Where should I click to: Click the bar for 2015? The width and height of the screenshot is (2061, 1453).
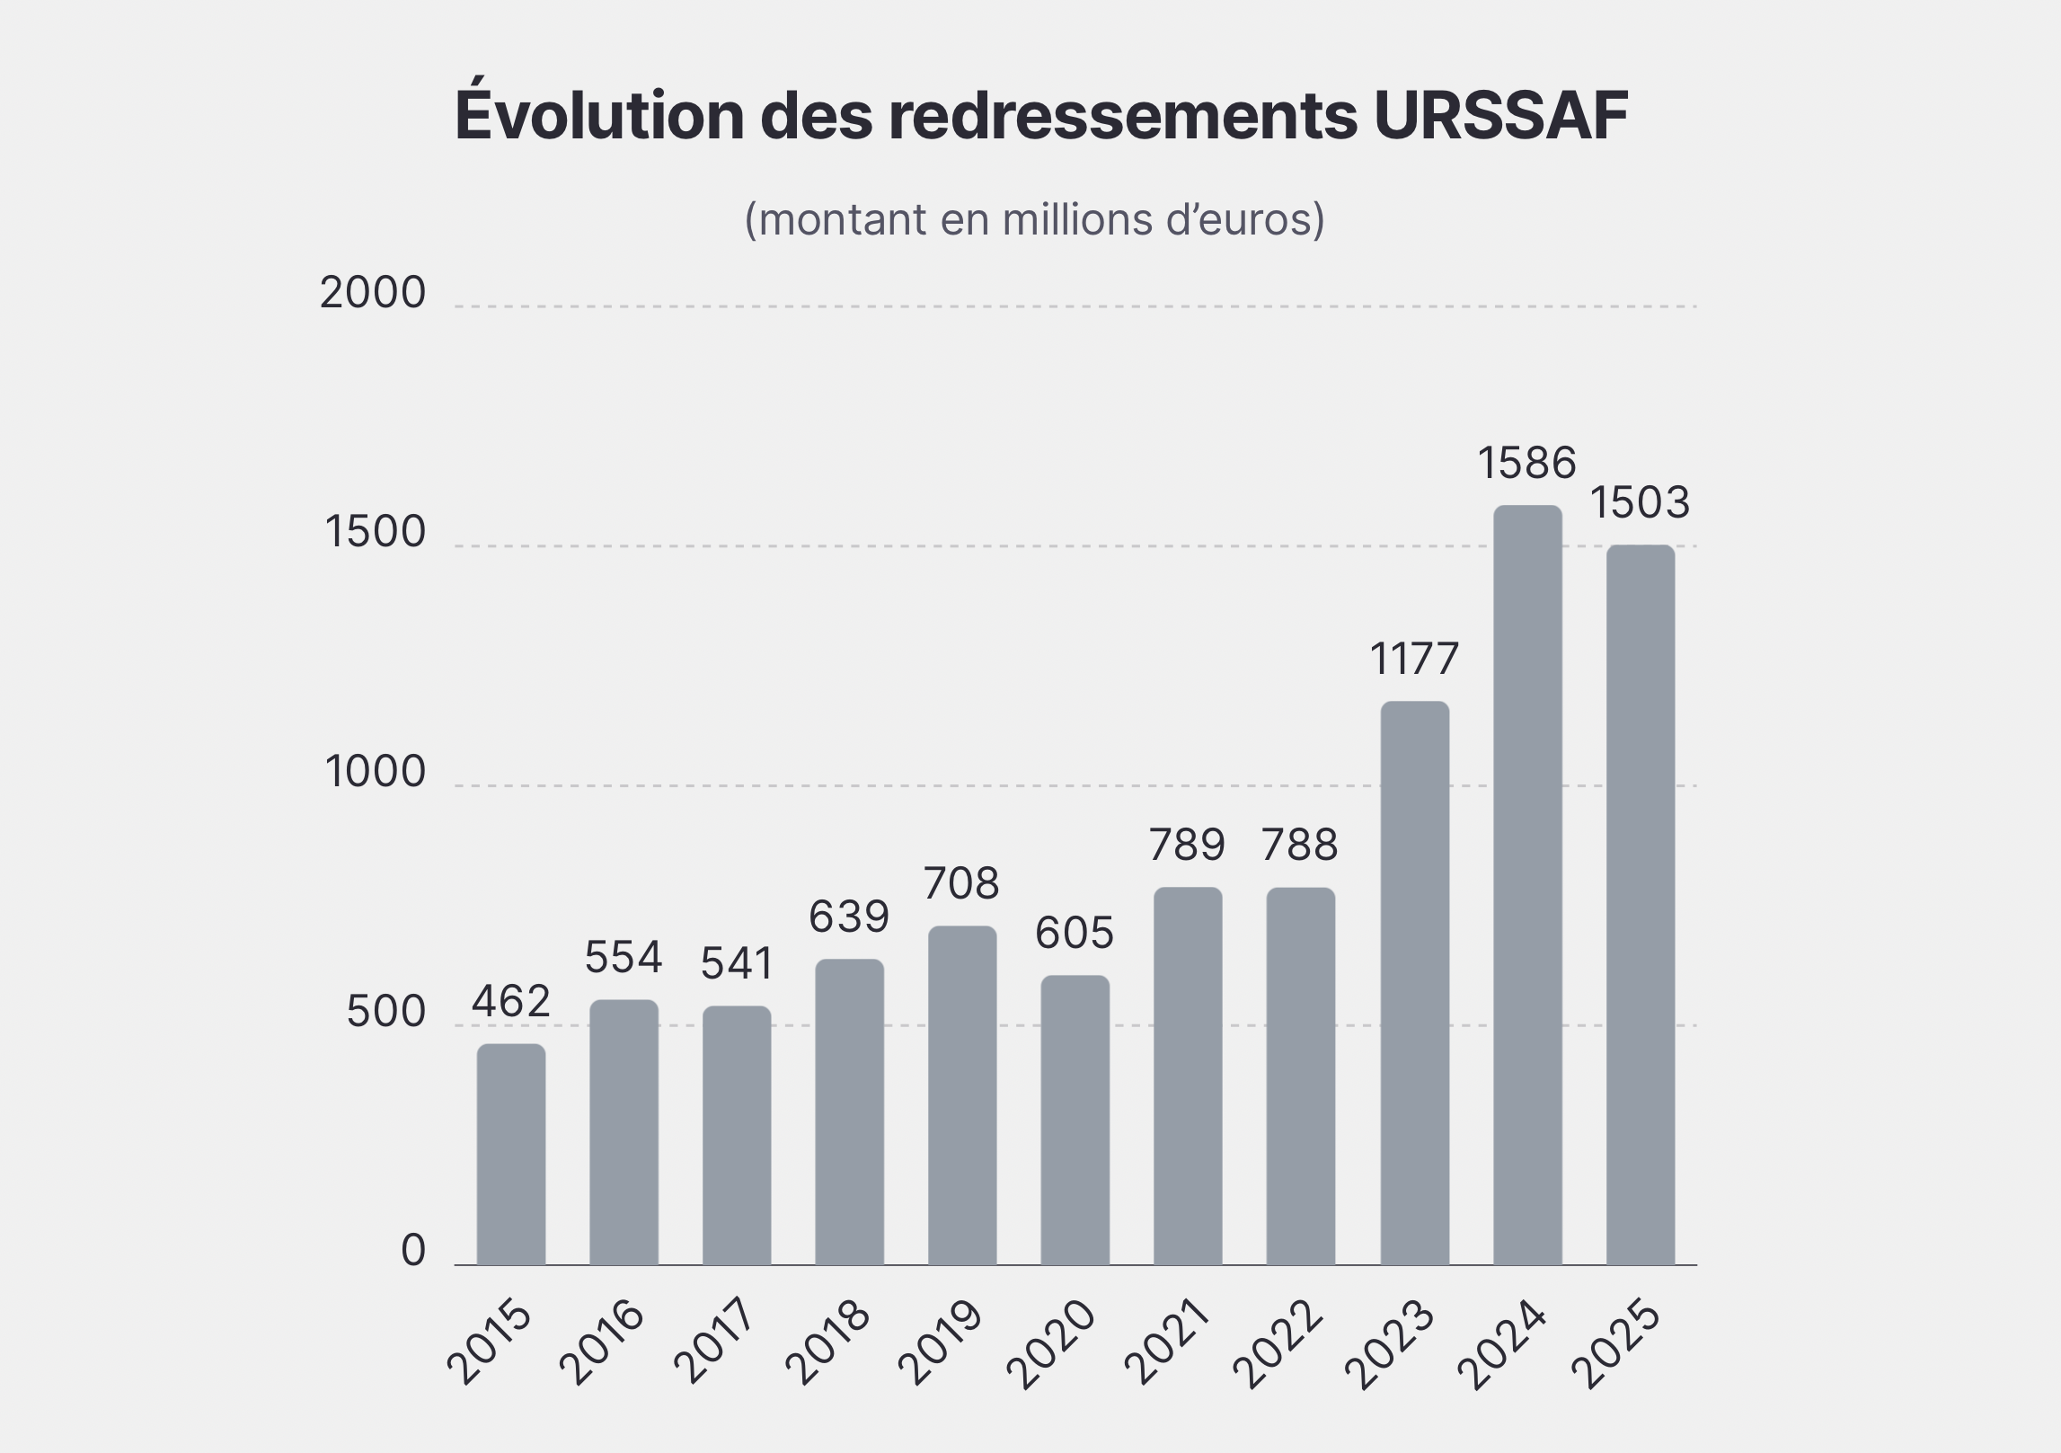[510, 1154]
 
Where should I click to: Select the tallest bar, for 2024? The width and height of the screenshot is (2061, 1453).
[1527, 885]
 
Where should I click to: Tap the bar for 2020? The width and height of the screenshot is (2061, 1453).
[1075, 1120]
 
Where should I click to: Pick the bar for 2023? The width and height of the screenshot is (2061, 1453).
[1414, 983]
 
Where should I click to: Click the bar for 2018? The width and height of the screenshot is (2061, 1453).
[849, 1112]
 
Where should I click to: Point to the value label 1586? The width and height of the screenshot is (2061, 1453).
[1527, 464]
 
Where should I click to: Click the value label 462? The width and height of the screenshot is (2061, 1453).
[510, 1002]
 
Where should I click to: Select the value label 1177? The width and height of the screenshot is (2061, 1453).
[1414, 660]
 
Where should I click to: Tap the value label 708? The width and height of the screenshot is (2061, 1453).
[961, 884]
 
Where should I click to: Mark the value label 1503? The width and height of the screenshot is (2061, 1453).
[1641, 503]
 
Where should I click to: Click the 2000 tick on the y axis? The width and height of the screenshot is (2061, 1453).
[372, 294]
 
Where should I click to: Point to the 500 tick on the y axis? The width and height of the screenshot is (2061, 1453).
[385, 1013]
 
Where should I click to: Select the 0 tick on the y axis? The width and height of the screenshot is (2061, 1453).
[412, 1251]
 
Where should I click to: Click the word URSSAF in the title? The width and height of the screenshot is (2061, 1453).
[1500, 116]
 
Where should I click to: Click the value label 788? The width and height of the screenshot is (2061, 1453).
[1300, 846]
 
